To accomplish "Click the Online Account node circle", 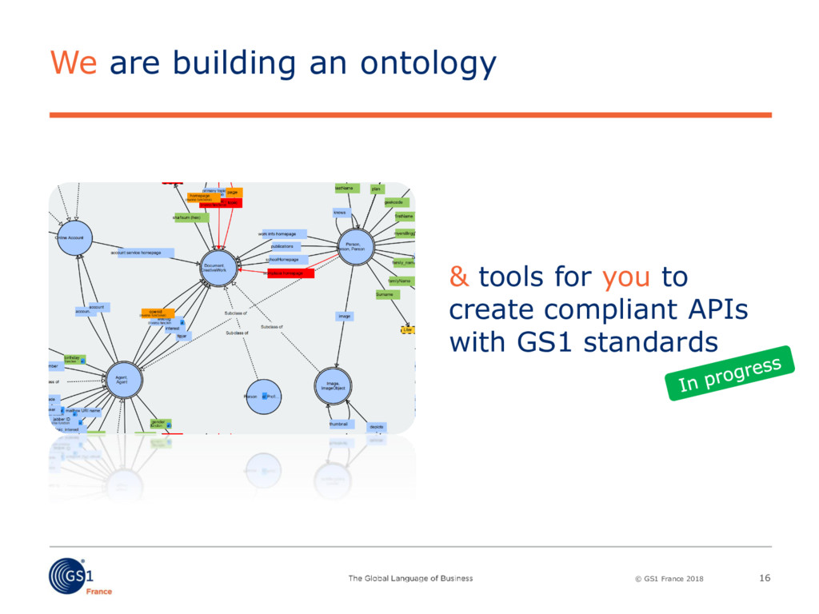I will tap(74, 237).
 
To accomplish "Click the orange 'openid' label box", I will tap(158, 313).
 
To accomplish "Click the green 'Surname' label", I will tap(386, 294).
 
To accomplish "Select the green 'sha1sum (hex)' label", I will tap(191, 217).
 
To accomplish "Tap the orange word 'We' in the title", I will tap(74, 63).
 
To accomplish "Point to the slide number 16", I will tap(764, 578).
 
